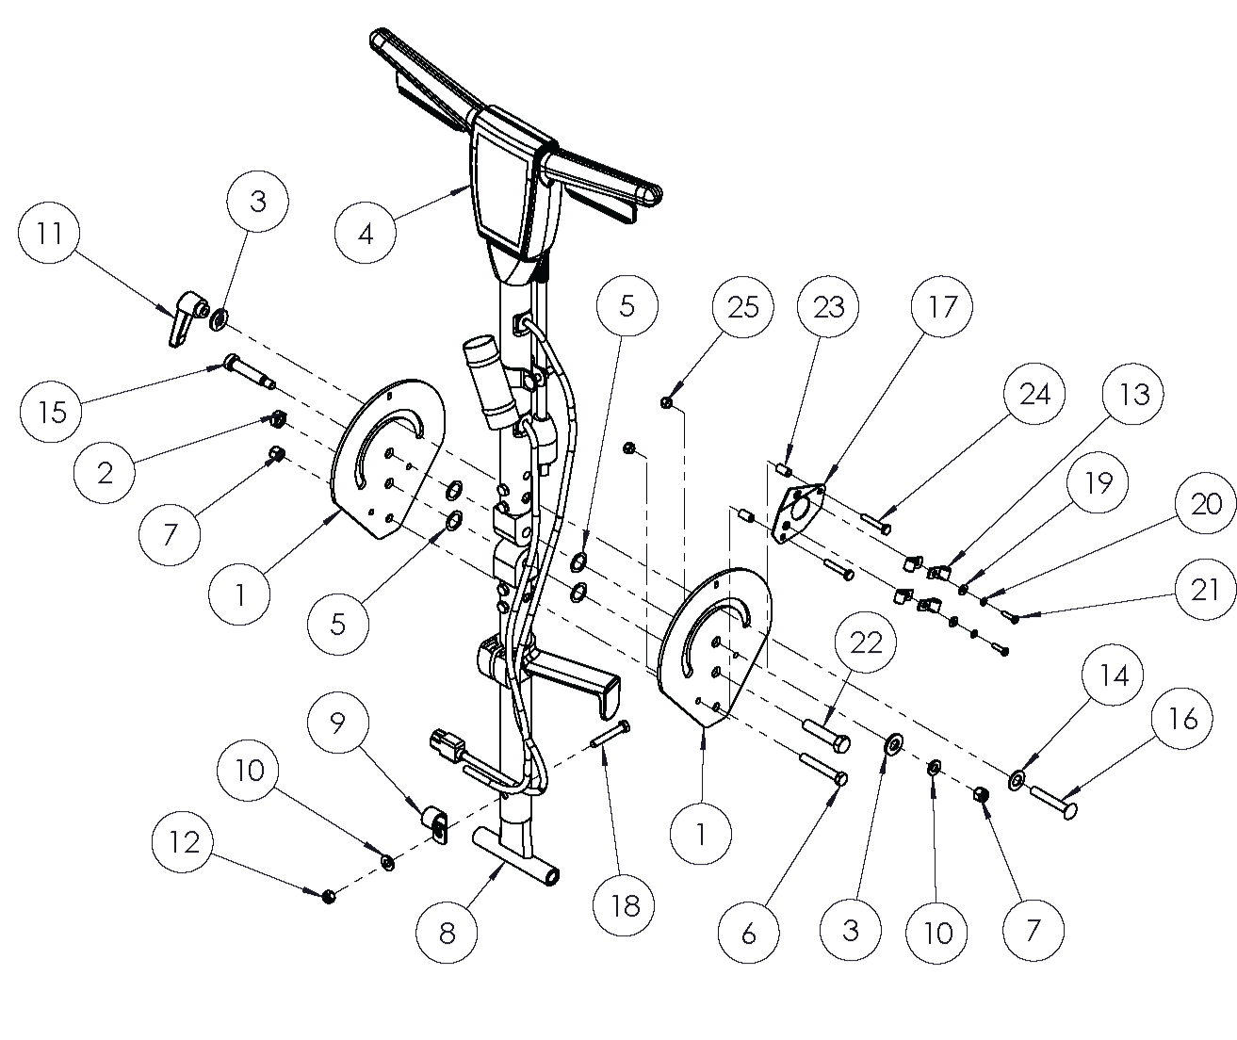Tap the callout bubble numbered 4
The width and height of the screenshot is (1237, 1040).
click(366, 232)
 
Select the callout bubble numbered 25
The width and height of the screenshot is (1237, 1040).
click(742, 307)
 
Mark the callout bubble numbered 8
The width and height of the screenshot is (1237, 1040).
click(448, 933)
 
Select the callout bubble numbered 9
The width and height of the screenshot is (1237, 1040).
click(337, 724)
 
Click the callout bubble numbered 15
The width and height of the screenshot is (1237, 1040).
click(53, 412)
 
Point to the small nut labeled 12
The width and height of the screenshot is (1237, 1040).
click(329, 895)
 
